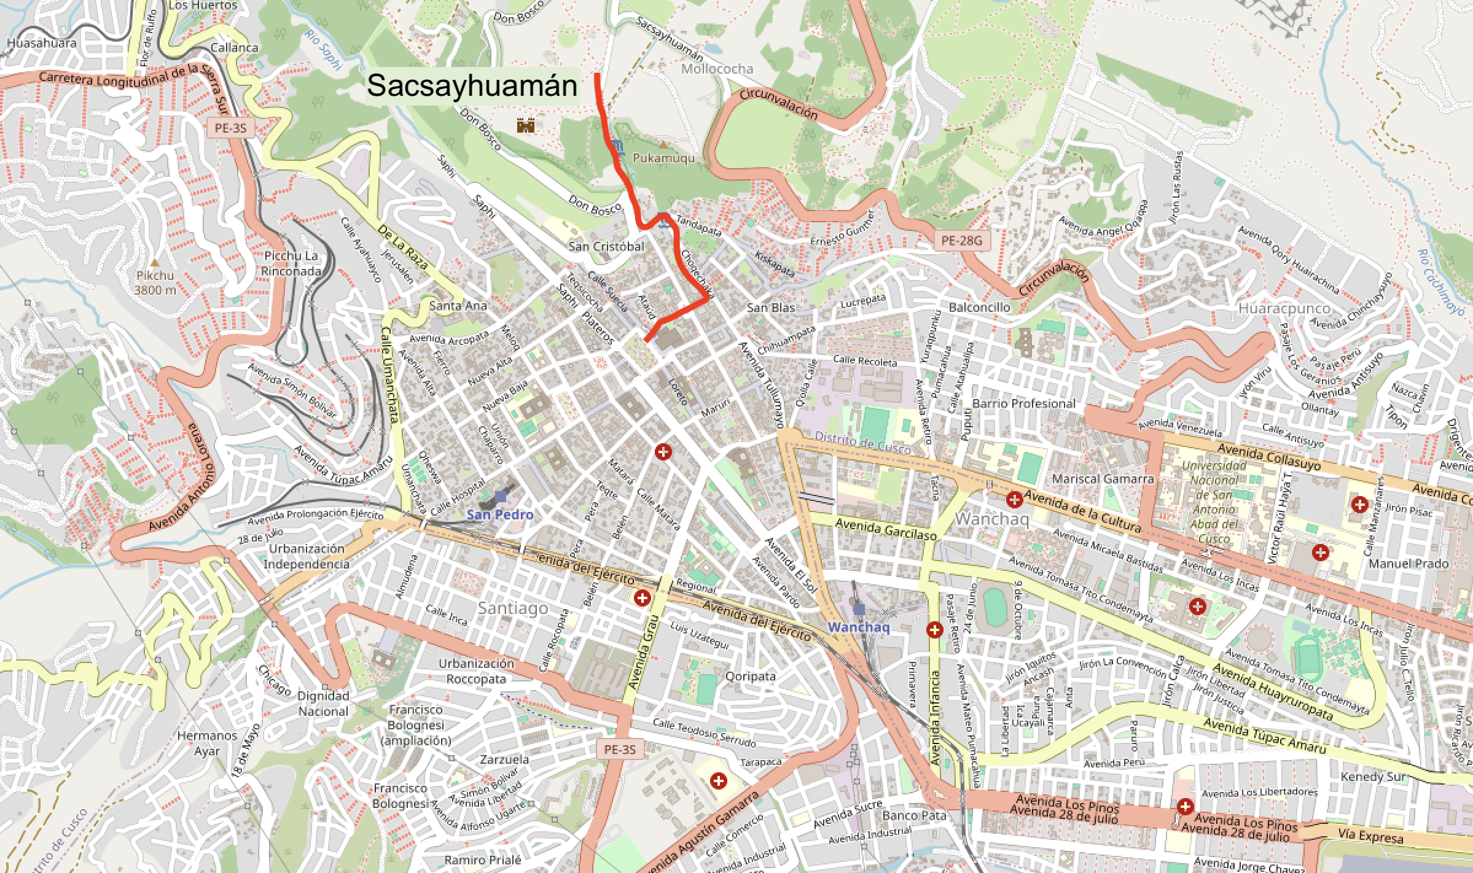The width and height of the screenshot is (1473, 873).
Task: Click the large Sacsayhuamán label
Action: [472, 86]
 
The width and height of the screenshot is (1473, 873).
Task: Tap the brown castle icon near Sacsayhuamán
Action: [525, 125]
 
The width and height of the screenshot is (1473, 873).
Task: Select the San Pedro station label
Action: [500, 514]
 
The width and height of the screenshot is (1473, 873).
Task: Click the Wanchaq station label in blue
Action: [859, 627]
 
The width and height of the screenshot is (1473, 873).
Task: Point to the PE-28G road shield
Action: [961, 241]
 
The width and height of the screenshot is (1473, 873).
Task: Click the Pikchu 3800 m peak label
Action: [155, 283]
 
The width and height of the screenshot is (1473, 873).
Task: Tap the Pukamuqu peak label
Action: [663, 158]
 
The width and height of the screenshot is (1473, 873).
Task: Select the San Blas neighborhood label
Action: [771, 308]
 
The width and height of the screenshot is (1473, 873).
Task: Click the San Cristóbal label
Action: [606, 246]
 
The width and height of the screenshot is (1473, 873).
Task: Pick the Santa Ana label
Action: [458, 305]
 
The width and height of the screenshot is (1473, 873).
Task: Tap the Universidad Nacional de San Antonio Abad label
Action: [1214, 502]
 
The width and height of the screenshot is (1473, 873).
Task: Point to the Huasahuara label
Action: [42, 43]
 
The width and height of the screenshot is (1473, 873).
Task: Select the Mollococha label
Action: [717, 69]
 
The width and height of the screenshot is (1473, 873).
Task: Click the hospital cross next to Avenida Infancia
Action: [934, 630]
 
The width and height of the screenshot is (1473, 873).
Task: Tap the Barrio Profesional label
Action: [1023, 403]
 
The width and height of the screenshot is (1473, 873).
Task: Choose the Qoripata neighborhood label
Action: [750, 676]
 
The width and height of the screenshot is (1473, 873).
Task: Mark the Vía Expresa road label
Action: [1371, 836]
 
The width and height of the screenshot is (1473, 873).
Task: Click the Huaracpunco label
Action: [1284, 308]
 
